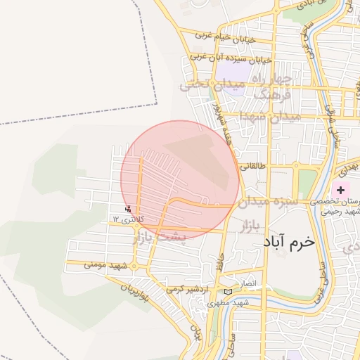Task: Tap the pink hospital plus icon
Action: click(x=341, y=191)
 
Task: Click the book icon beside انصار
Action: click(x=227, y=291)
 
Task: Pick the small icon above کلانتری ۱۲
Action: click(x=127, y=209)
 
